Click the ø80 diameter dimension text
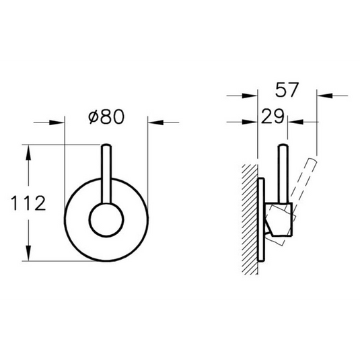pyautogui.click(x=106, y=117)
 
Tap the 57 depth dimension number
pyautogui.click(x=287, y=89)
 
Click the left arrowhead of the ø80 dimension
pyautogui.click(x=59, y=122)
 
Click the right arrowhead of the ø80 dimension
pyautogui.click(x=153, y=122)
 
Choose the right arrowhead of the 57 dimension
pyautogui.click(x=324, y=96)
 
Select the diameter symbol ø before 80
pyautogui.click(x=92, y=117)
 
